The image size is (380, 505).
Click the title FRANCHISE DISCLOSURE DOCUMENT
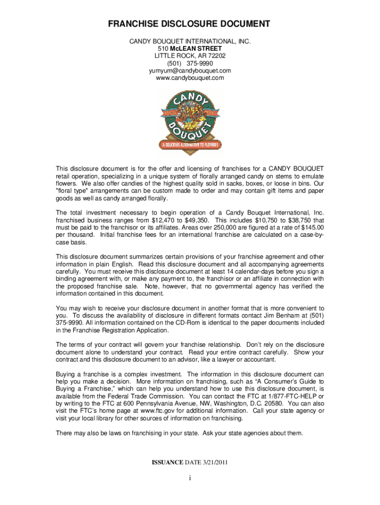coord(190,24)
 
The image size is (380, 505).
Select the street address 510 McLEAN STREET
coord(190,49)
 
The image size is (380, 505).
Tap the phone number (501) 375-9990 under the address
coord(190,63)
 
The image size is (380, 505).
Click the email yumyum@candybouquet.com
coord(190,71)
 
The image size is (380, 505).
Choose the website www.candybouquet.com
coord(190,78)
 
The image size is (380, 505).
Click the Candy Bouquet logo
coord(190,121)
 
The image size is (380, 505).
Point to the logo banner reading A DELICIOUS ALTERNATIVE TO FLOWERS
coord(190,145)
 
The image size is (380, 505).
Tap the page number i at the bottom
coord(190,478)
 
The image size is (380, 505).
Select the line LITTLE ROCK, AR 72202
coord(190,56)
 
